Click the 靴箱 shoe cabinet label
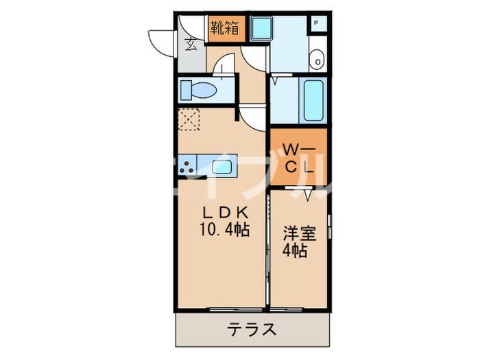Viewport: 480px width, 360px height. click(225, 27)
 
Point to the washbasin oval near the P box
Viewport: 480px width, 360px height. click(317, 60)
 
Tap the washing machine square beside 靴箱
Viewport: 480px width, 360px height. click(261, 28)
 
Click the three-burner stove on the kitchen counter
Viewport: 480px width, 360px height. click(187, 165)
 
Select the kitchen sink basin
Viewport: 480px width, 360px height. click(221, 167)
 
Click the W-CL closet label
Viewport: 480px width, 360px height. click(298, 157)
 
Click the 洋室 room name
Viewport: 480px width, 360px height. click(300, 232)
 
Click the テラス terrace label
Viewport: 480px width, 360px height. click(252, 330)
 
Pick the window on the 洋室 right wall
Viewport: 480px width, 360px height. click(330, 226)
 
